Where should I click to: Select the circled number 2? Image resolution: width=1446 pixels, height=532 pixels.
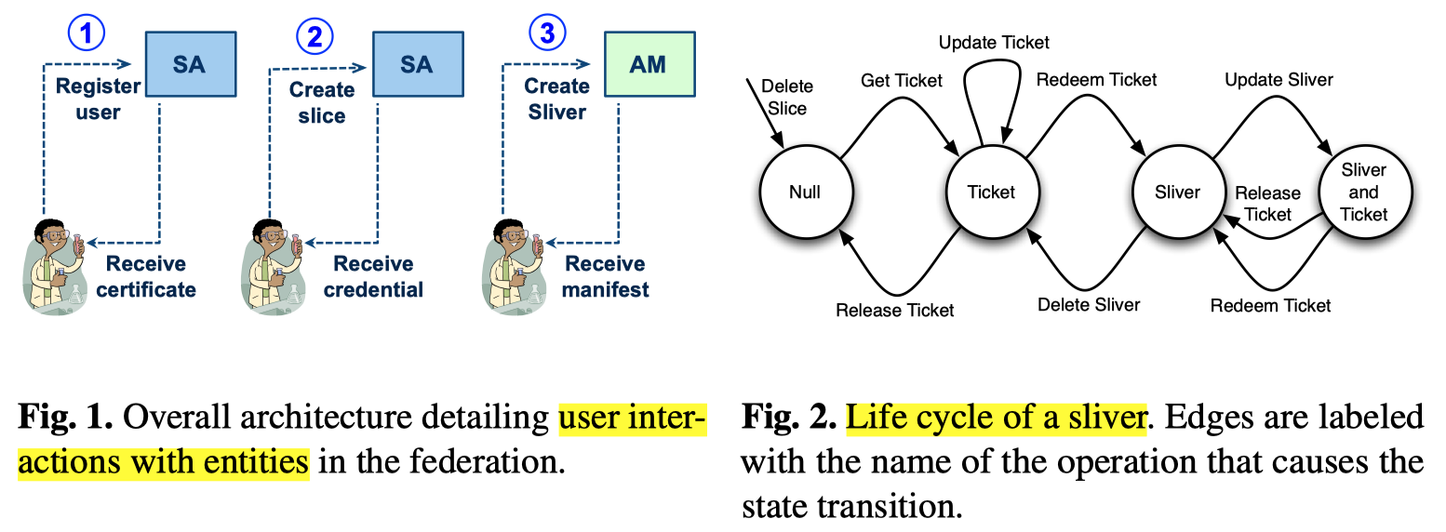(315, 36)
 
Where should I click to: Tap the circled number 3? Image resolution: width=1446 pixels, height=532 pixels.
(547, 33)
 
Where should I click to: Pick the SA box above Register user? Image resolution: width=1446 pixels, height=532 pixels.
(189, 64)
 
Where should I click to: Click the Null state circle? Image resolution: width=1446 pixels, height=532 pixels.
(805, 193)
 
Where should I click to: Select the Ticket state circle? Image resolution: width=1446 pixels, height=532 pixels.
(991, 193)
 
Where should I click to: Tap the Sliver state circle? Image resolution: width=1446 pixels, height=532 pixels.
(1177, 193)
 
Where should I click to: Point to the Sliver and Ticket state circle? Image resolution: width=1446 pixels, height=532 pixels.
(1364, 193)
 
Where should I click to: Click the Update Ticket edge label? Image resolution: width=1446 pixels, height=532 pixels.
(994, 43)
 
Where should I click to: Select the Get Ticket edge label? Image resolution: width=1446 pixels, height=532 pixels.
(903, 81)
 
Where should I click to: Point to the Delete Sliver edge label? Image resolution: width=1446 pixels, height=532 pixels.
(1089, 304)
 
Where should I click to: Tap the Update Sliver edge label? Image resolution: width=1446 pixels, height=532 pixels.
(1279, 80)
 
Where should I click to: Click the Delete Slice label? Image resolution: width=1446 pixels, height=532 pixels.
(787, 97)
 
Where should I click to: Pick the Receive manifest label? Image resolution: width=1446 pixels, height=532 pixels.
(607, 276)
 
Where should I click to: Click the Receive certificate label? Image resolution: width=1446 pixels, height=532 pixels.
(146, 276)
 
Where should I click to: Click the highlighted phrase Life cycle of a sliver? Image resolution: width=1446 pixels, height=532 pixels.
(995, 418)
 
